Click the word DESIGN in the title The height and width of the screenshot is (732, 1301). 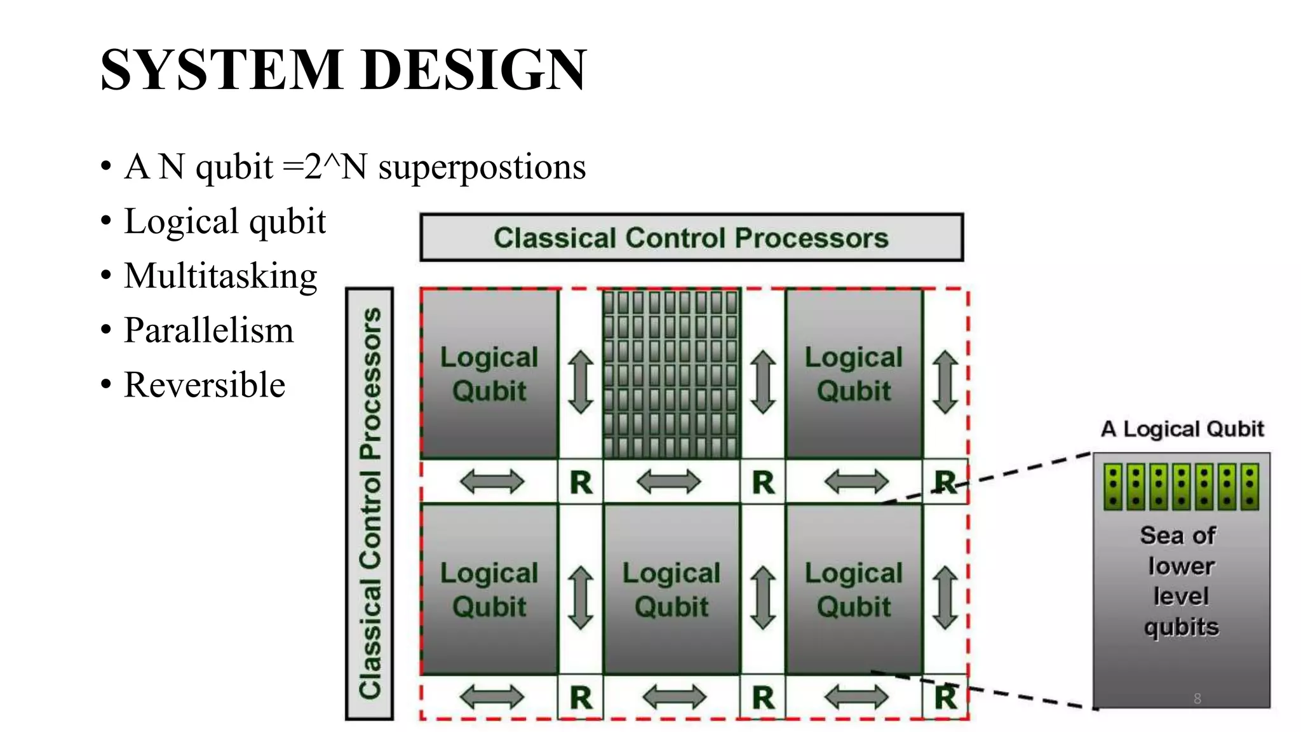coord(473,70)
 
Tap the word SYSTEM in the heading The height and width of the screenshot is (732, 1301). coord(222,70)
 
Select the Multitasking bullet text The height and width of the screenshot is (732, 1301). coord(220,276)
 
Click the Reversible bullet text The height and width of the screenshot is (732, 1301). coord(205,385)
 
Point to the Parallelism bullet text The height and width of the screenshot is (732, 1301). coord(209,330)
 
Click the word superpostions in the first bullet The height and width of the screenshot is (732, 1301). coord(482,167)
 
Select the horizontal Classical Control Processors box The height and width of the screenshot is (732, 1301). coord(691,238)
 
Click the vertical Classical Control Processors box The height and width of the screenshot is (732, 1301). coord(370,503)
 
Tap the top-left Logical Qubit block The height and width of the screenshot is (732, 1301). coord(489,374)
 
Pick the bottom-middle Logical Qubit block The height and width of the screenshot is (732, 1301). coord(671,589)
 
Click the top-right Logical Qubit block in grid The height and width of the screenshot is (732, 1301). coord(853,374)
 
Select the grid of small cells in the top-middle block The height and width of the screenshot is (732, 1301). coord(671,374)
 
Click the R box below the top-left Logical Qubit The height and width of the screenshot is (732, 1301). coord(581,482)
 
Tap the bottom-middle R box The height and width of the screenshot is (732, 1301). coord(763,698)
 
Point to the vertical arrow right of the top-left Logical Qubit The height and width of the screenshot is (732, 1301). coord(581,382)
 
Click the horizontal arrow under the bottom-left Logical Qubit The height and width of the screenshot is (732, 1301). coord(492,697)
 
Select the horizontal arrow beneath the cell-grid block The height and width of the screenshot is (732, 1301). coord(668,482)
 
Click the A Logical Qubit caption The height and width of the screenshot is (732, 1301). coord(1182,429)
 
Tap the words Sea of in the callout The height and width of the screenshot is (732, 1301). coord(1178,535)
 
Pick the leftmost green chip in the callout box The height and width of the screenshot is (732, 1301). coord(1113,487)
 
